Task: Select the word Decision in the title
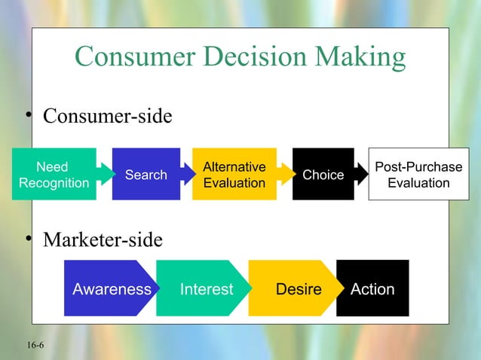(252, 56)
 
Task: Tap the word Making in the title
(359, 56)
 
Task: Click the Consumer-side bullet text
(107, 117)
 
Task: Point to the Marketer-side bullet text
(102, 240)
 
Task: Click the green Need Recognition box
(53, 175)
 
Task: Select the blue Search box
(146, 175)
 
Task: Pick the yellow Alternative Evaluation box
(234, 175)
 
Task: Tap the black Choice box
(323, 175)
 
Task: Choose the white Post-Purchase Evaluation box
(418, 175)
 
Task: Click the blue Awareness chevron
(111, 288)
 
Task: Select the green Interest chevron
(206, 288)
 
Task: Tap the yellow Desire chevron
(298, 288)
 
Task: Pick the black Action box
(372, 288)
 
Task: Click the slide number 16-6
(34, 345)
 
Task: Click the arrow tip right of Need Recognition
(102, 175)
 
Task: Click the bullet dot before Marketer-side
(26, 238)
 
